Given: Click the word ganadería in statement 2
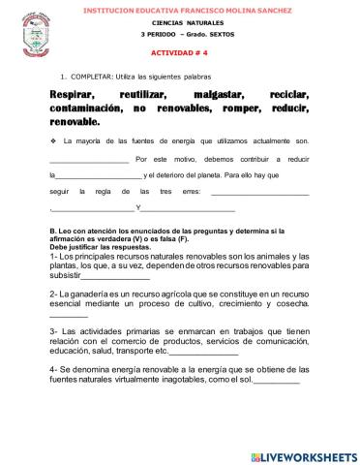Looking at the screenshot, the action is point(88,292).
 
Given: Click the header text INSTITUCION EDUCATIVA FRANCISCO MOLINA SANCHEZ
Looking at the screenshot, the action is point(180,8).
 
